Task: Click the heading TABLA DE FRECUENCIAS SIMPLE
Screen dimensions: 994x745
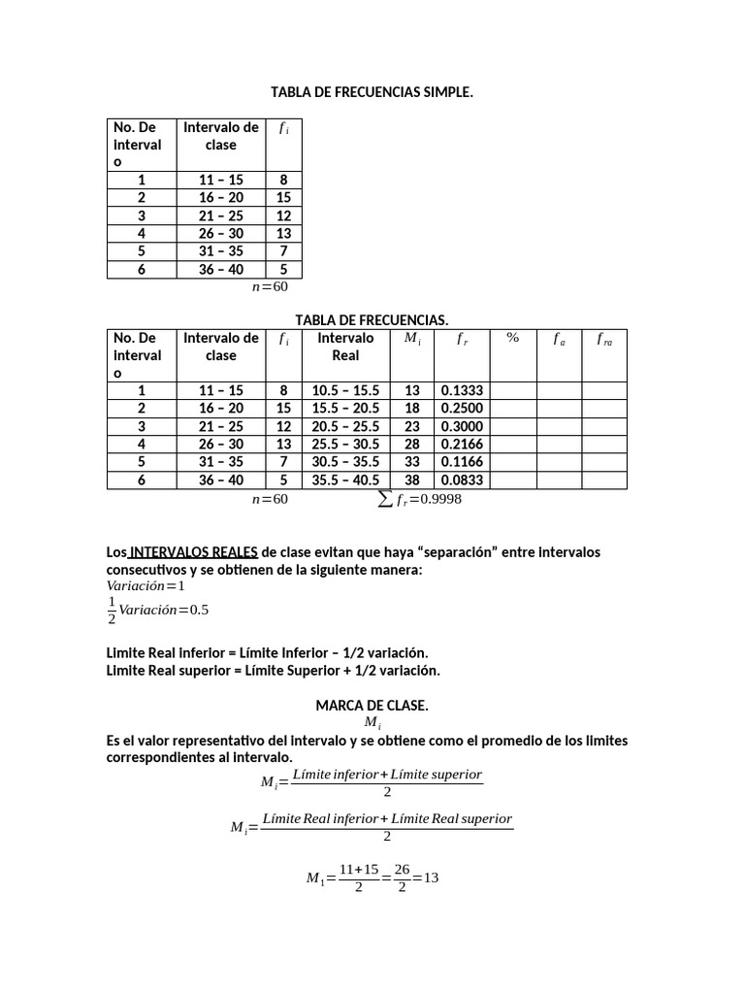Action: click(x=372, y=92)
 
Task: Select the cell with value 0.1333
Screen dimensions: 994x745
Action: click(x=462, y=390)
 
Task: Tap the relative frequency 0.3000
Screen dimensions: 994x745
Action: click(x=462, y=426)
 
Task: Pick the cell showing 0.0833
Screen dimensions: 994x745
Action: click(x=462, y=480)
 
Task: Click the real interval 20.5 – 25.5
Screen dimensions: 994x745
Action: click(x=345, y=426)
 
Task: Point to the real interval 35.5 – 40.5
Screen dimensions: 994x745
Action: click(x=345, y=480)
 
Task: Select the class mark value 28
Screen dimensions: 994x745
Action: click(x=412, y=444)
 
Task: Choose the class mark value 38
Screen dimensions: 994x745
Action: click(x=412, y=480)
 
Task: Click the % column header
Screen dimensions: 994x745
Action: click(x=512, y=338)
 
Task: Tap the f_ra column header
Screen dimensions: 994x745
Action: click(x=604, y=339)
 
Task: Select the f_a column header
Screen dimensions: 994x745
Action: click(x=559, y=339)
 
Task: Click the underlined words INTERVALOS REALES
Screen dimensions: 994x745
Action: click(x=193, y=551)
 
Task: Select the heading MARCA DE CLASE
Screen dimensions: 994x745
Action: click(x=372, y=706)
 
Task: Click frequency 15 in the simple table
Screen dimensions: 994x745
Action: click(x=283, y=197)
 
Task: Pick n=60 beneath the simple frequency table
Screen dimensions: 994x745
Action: click(x=270, y=286)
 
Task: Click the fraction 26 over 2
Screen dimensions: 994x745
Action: click(x=402, y=878)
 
